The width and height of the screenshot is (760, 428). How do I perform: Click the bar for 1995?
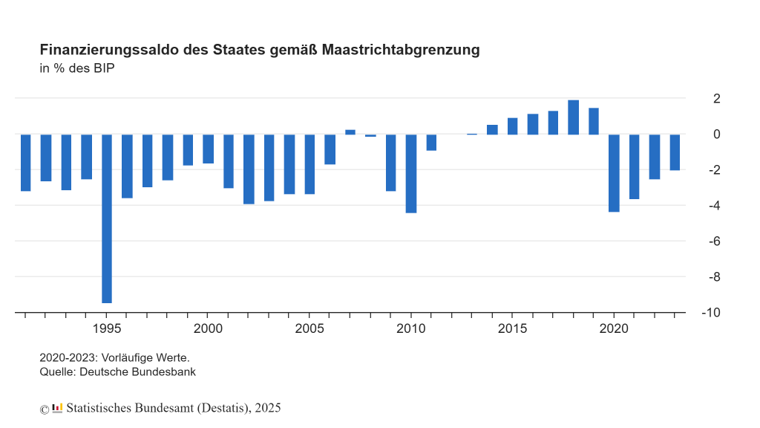tap(107, 218)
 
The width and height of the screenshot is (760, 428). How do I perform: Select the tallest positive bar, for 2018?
tap(573, 117)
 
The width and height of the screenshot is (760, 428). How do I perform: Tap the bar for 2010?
tap(411, 173)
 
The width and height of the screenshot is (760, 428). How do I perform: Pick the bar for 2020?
tap(614, 173)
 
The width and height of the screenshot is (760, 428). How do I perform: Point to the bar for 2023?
tap(675, 152)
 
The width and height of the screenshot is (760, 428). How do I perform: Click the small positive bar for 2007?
tap(350, 132)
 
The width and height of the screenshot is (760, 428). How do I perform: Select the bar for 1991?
tap(25, 163)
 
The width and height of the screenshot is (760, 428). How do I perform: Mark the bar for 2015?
tap(512, 126)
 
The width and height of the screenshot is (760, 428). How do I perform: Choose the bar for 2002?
tap(249, 169)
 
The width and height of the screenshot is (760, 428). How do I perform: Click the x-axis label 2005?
tap(309, 328)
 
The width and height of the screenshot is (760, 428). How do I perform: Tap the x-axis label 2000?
tap(208, 328)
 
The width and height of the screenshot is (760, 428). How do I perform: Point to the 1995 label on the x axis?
tap(107, 328)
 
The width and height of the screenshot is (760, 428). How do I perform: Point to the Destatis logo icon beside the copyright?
tap(57, 408)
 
